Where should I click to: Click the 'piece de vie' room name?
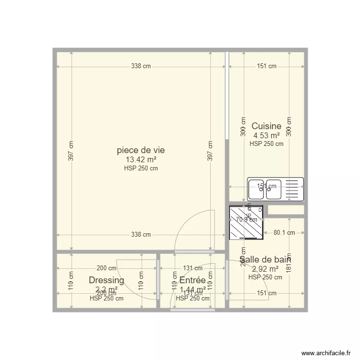141,150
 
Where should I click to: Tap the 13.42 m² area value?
141,160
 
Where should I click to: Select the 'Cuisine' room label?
266,126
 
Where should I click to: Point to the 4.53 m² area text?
266,135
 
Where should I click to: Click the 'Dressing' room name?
107,280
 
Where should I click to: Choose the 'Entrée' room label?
192,280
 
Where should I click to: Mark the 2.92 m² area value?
265,269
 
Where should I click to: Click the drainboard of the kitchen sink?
292,189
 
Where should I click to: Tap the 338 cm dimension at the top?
141,66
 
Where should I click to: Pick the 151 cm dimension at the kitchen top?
266,66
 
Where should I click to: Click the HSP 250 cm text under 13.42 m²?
141,168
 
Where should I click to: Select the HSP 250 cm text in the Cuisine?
266,144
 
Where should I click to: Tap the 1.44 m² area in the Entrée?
192,289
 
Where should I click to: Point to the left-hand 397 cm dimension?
71,150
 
